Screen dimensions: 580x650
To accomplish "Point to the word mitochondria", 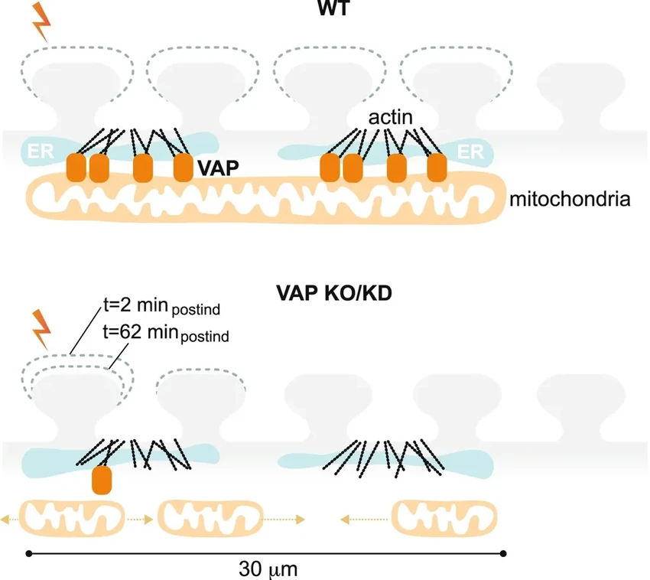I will point(570,200).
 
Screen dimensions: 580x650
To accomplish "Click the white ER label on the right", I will point(470,152).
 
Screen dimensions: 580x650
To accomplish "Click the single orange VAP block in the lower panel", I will point(102,480).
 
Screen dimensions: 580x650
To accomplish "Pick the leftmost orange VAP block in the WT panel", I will point(76,168).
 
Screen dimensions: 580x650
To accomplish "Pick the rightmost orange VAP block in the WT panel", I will point(437,168).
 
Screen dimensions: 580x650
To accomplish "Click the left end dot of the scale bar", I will point(28,552).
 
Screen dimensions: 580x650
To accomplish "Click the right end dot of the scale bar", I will point(503,552).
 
